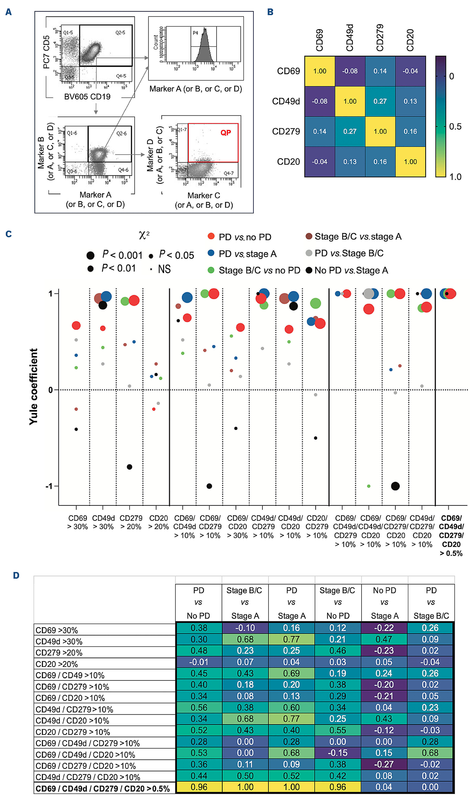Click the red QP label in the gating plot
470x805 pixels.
[226, 133]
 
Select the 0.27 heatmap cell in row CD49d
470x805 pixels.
[380, 101]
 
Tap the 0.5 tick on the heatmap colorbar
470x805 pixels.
[455, 127]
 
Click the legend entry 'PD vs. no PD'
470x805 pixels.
[245, 237]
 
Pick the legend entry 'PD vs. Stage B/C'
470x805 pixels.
[349, 253]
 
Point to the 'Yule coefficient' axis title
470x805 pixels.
[33, 387]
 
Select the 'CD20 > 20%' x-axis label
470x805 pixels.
[158, 522]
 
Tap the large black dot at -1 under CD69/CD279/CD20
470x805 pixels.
[395, 486]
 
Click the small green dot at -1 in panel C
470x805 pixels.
[369, 486]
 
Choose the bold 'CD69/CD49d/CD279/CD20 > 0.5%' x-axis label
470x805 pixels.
[451, 536]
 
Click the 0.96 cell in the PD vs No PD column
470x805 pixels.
[199, 787]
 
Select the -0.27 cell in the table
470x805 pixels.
[384, 764]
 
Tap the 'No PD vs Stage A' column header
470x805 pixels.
[384, 603]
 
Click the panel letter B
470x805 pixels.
[270, 12]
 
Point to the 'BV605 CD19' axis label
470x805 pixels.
[87, 97]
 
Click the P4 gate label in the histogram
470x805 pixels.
[195, 33]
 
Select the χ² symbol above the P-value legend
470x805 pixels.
[144, 235]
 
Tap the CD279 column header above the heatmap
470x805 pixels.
[380, 37]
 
